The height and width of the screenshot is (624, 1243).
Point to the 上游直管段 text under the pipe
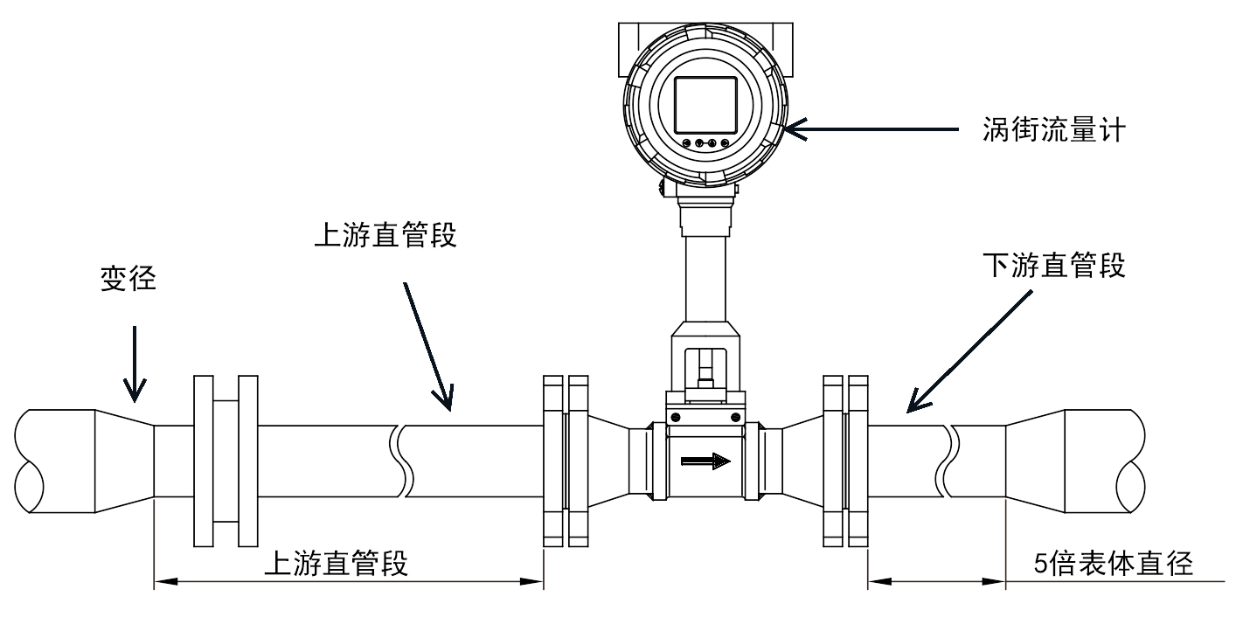coord(336,564)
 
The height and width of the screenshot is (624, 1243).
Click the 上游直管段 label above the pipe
coord(385,236)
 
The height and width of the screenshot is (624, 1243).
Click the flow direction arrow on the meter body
coord(707,460)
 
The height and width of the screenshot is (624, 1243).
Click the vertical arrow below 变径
coord(135,364)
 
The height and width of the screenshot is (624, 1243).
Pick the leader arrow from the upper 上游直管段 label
coord(428,344)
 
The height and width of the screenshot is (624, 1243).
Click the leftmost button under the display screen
coord(686,142)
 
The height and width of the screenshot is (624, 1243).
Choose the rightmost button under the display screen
coord(726,142)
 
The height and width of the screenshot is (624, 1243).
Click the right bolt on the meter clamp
coord(735,417)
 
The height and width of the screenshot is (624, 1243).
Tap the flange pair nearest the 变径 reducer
coord(225,461)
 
